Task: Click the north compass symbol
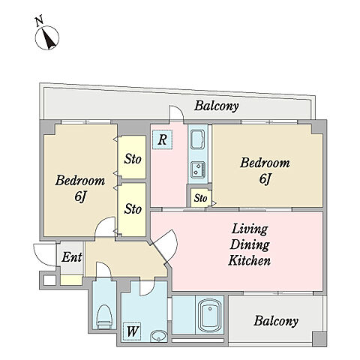47,37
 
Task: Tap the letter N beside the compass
39,21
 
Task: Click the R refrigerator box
162,139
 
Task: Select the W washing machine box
132,331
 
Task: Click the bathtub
210,316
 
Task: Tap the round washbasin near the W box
159,335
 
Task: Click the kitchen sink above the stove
198,140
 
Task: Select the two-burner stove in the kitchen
198,169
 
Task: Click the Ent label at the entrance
72,257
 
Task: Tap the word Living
250,229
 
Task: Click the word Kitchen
249,260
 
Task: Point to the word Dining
250,244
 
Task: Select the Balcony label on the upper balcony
217,106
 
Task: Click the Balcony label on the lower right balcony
276,321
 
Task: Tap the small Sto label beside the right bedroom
200,198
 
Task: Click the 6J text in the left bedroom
80,197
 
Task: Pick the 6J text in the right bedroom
265,179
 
